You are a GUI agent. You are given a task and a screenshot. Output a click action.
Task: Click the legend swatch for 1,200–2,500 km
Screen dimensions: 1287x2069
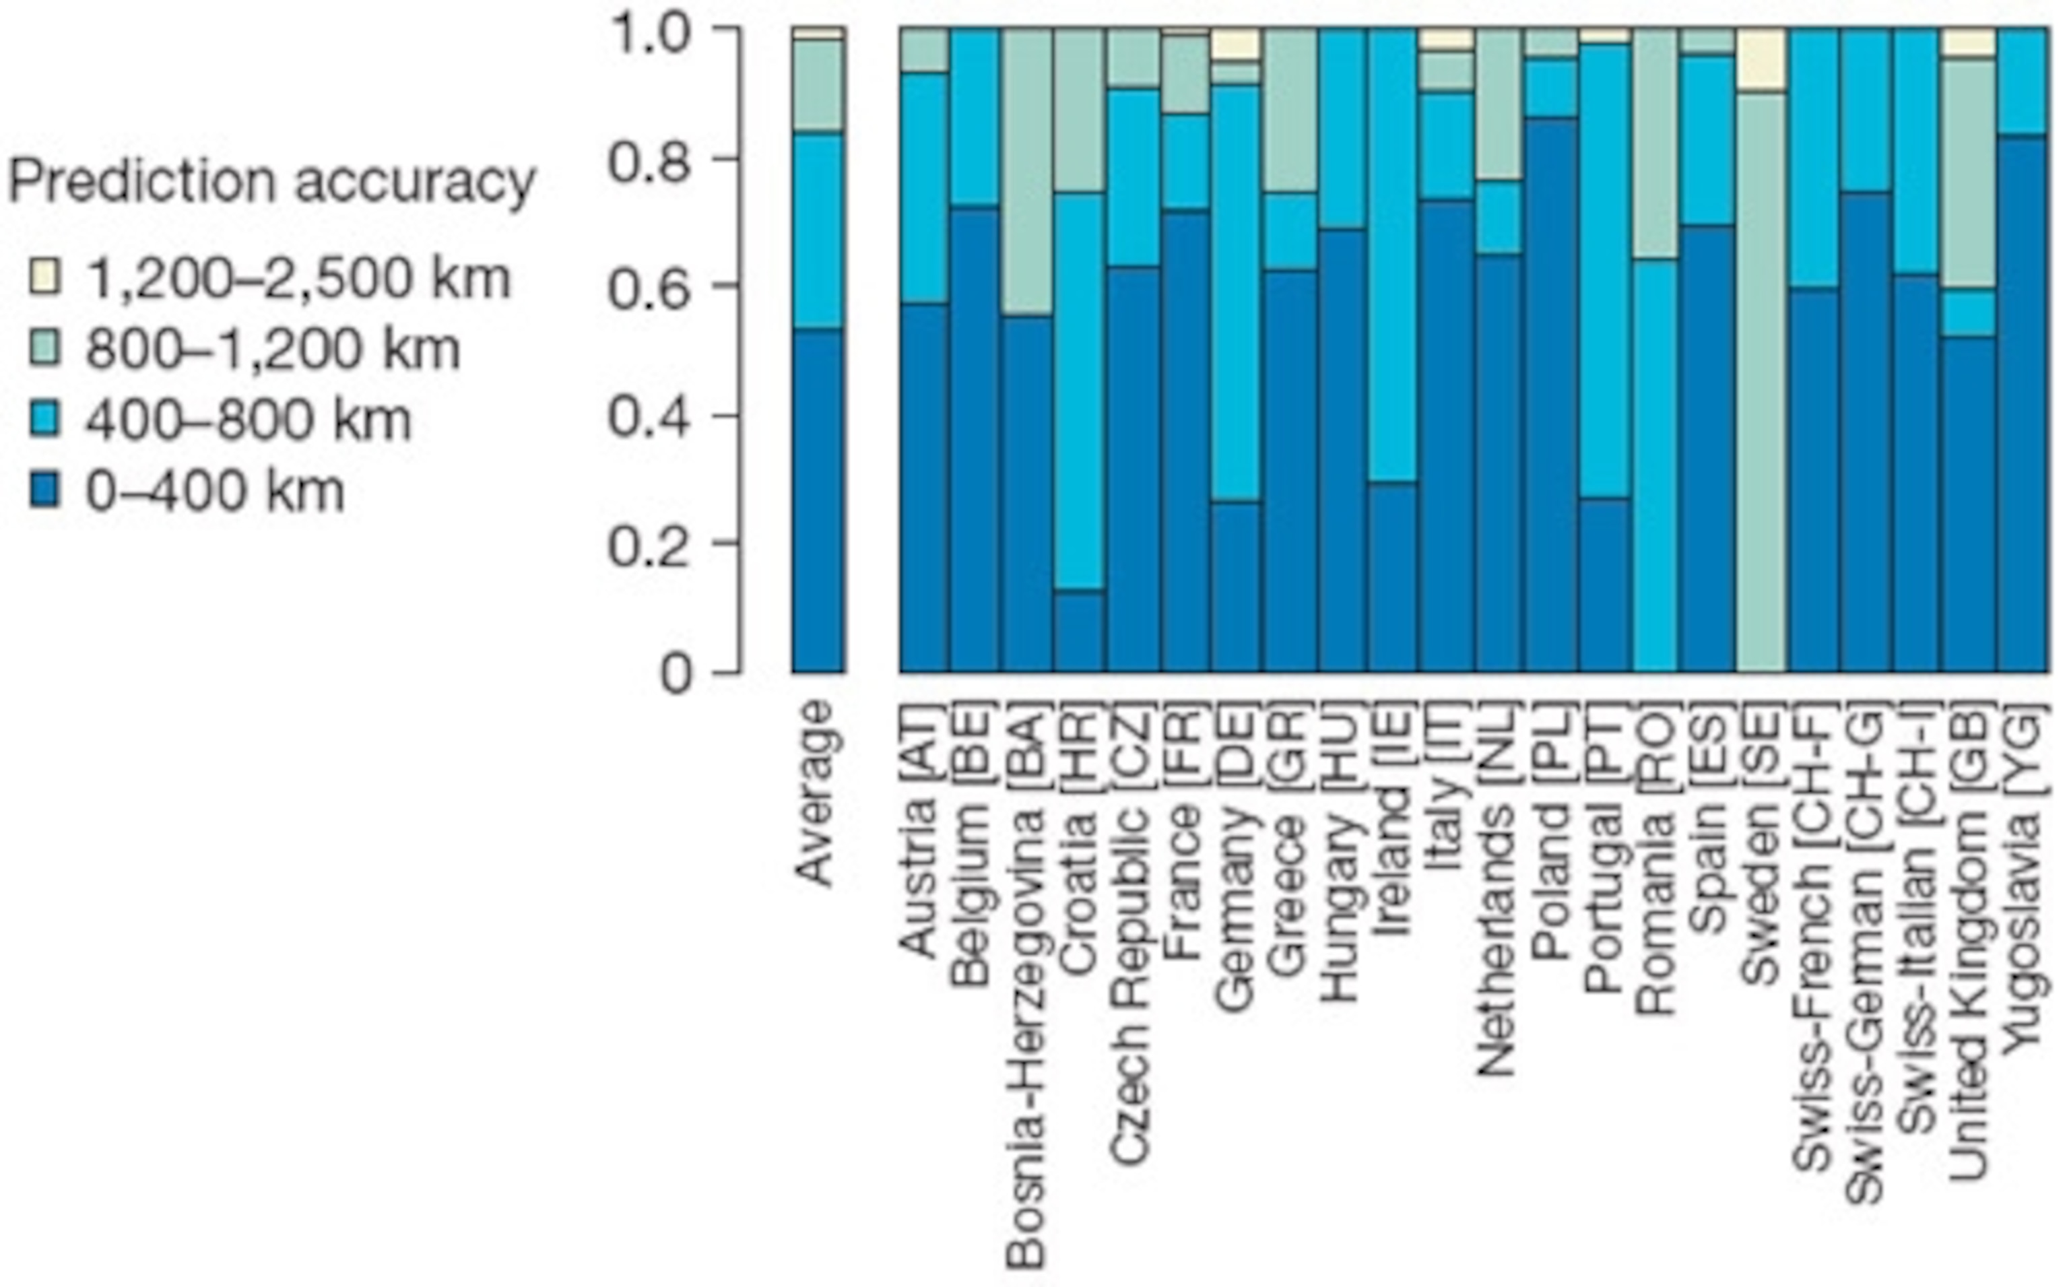click(44, 277)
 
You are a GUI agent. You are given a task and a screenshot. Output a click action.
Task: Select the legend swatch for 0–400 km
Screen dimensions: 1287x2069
click(44, 491)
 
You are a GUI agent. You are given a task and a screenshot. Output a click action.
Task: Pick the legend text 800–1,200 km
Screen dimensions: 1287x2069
click(272, 349)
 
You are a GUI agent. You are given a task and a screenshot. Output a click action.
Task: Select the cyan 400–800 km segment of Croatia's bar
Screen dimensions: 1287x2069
click(1079, 391)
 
